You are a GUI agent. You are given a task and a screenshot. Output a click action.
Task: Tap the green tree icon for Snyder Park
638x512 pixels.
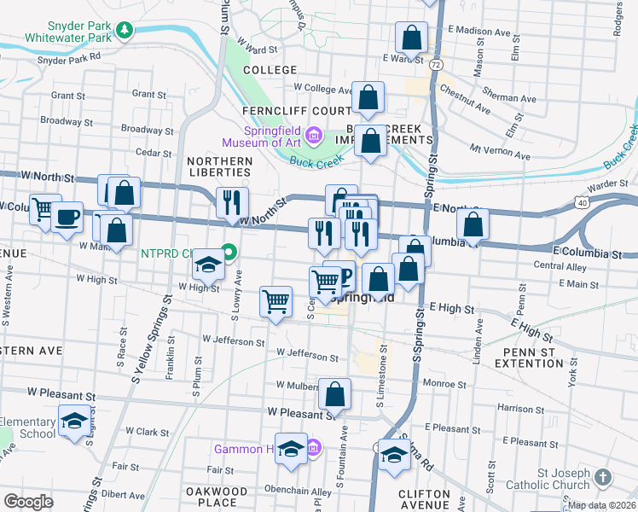pyautogui.click(x=125, y=32)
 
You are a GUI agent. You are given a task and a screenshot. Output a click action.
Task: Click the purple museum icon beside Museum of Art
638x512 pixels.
pyautogui.click(x=314, y=135)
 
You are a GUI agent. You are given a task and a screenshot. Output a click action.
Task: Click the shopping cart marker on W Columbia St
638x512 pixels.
pyautogui.click(x=43, y=208)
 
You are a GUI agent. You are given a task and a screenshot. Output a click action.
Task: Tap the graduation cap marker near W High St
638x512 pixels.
pyautogui.click(x=207, y=265)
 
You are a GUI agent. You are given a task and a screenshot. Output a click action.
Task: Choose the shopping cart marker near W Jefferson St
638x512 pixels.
pyautogui.click(x=275, y=301)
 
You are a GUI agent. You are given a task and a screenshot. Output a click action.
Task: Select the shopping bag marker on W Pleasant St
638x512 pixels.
pyautogui.click(x=335, y=393)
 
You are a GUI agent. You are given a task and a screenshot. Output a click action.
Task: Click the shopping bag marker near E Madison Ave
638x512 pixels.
pyautogui.click(x=411, y=38)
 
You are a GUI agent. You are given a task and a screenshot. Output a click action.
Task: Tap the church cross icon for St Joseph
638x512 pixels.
pyautogui.click(x=603, y=478)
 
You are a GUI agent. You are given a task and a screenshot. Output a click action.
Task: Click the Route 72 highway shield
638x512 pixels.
pyautogui.click(x=436, y=64)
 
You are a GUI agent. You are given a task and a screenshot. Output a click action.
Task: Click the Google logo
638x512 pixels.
pyautogui.click(x=28, y=502)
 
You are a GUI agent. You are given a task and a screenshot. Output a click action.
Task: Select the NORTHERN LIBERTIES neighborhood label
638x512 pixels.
pyautogui.click(x=219, y=166)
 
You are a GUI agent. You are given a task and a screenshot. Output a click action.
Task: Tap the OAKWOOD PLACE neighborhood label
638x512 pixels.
pyautogui.click(x=217, y=497)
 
